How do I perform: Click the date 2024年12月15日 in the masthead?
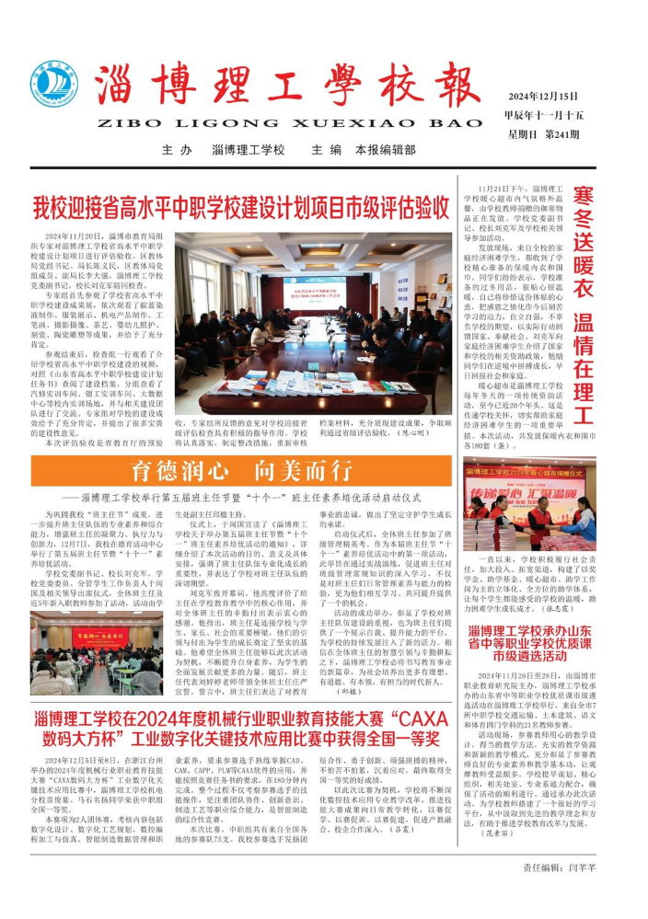[x=544, y=97]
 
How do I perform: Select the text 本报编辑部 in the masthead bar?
[x=391, y=150]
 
